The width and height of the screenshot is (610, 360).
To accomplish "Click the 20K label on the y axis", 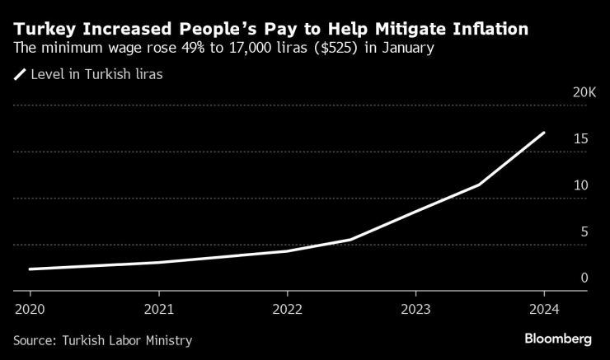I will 584,92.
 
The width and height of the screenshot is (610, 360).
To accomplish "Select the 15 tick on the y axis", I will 580,139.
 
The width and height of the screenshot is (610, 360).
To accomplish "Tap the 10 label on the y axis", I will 580,185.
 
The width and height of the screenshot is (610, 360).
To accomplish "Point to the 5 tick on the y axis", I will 584,232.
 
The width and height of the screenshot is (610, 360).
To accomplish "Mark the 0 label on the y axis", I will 584,278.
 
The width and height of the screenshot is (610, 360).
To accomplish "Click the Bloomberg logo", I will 558,339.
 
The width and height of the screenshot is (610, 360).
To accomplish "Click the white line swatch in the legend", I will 19,74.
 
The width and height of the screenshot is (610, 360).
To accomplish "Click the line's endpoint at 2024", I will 544,133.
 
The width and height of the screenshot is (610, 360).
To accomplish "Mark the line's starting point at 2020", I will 30,269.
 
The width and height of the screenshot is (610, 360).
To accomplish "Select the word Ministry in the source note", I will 167,340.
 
